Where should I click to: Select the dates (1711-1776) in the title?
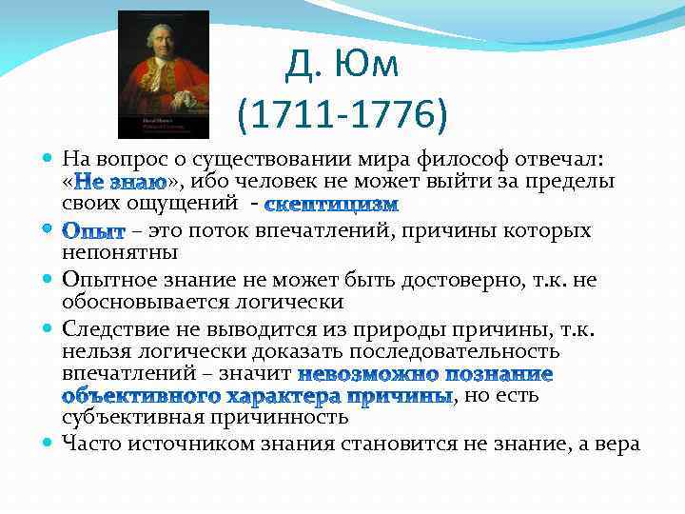[342, 117]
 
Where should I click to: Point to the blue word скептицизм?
[332, 204]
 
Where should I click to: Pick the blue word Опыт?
[93, 231]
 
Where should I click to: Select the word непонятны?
[117, 253]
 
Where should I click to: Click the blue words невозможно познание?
[424, 373]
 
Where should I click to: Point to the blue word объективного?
[136, 395]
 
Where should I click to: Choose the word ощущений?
[188, 203]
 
